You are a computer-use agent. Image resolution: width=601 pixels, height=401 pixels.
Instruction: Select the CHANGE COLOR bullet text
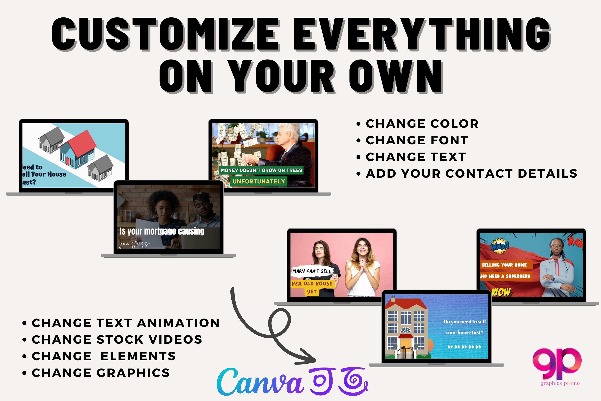pyautogui.click(x=422, y=124)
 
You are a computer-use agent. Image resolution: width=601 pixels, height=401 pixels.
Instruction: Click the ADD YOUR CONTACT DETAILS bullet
pyautogui.click(x=471, y=174)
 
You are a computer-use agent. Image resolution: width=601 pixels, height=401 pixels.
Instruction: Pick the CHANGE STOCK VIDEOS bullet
pyautogui.click(x=117, y=340)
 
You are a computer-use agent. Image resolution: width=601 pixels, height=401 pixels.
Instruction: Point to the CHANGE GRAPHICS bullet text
pyautogui.click(x=100, y=373)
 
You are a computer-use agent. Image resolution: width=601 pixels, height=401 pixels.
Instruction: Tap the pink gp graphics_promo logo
pyautogui.click(x=557, y=365)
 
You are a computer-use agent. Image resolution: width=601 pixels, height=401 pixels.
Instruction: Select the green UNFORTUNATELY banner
pyautogui.click(x=259, y=181)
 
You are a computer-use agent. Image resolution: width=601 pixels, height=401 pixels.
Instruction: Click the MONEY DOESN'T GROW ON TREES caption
pyautogui.click(x=261, y=170)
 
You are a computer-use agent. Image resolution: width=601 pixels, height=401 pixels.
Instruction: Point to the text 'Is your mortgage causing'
pyautogui.click(x=162, y=231)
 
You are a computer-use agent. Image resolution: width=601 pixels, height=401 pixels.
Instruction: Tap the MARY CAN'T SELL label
pyautogui.click(x=312, y=271)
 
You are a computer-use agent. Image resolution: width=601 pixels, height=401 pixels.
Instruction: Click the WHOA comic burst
pyautogui.click(x=500, y=246)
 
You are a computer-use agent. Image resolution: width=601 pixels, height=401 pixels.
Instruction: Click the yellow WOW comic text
pyautogui.click(x=501, y=292)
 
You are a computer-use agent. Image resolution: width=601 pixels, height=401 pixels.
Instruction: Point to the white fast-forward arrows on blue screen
pyautogui.click(x=465, y=347)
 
